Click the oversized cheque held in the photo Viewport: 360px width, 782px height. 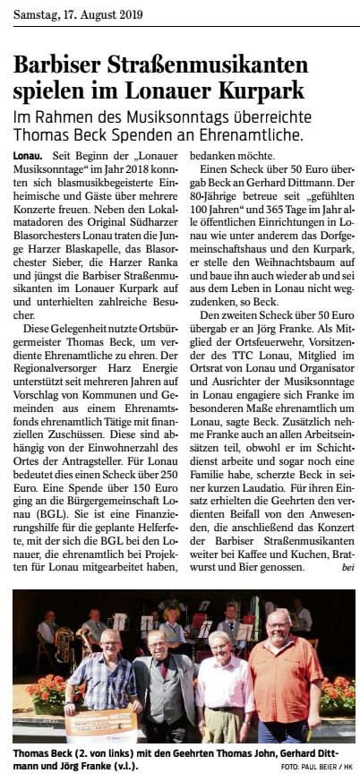tap(99, 721)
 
